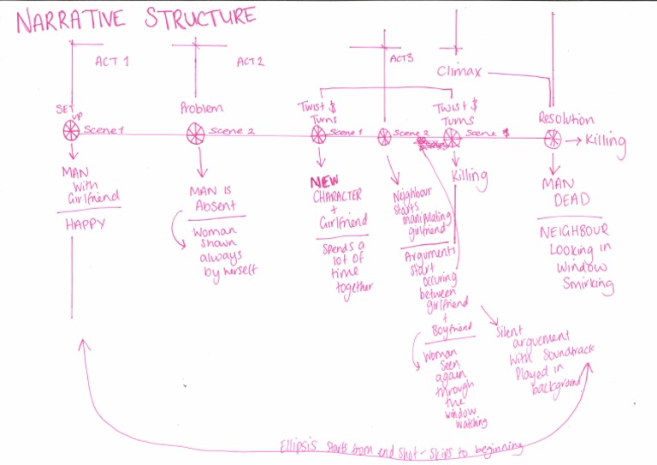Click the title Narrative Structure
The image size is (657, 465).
pyautogui.click(x=136, y=19)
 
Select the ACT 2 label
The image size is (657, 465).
pyautogui.click(x=250, y=62)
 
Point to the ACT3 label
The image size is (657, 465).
pyautogui.click(x=400, y=59)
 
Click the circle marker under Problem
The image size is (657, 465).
pyautogui.click(x=196, y=132)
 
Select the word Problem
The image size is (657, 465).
pyautogui.click(x=202, y=108)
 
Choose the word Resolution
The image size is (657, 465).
pyautogui.click(x=565, y=119)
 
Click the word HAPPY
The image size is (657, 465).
pyautogui.click(x=85, y=224)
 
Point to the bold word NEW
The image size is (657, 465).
pyautogui.click(x=325, y=182)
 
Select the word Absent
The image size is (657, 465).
pyautogui.click(x=216, y=207)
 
